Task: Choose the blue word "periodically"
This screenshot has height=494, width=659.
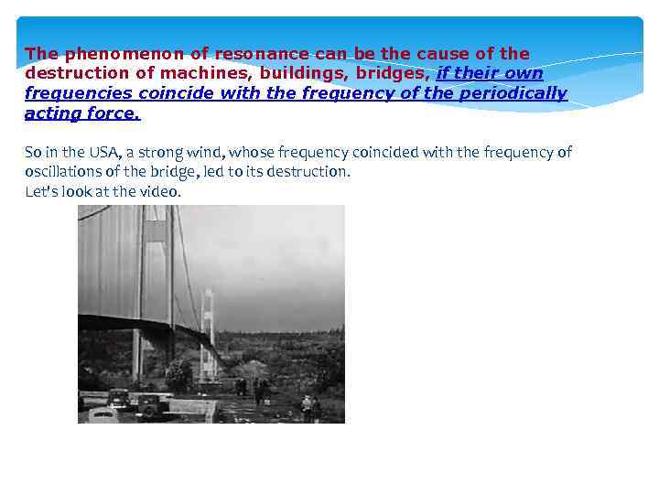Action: [515, 93]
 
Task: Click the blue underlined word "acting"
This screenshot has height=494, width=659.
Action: [51, 113]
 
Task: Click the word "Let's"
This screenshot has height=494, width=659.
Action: [40, 192]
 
